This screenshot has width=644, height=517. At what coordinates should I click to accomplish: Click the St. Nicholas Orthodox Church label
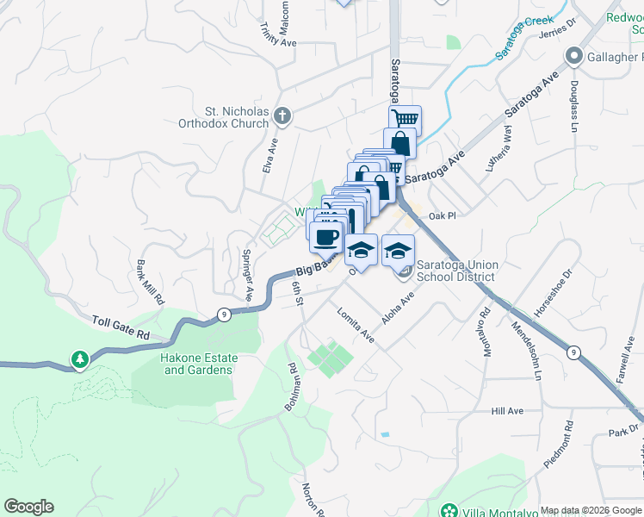pyautogui.click(x=236, y=117)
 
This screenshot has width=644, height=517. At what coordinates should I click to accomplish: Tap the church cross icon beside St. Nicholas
pyautogui.click(x=282, y=115)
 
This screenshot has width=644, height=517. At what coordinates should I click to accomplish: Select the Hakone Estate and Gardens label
pyautogui.click(x=197, y=364)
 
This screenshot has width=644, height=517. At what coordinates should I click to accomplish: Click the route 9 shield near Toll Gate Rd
pyautogui.click(x=223, y=313)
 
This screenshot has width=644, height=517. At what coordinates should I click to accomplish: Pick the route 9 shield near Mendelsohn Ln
pyautogui.click(x=573, y=352)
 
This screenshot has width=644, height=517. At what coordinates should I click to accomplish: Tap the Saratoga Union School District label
pyautogui.click(x=455, y=271)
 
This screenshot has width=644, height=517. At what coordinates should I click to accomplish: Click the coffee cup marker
pyautogui.click(x=326, y=237)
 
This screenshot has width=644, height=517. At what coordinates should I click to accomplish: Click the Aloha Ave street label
pyautogui.click(x=399, y=307)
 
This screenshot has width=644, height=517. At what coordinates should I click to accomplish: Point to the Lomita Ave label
pyautogui.click(x=356, y=325)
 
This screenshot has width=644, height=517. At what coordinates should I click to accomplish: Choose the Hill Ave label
pyautogui.click(x=507, y=412)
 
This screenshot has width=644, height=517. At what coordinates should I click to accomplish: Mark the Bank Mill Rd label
pyautogui.click(x=148, y=283)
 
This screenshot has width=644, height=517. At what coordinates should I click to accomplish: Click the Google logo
pyautogui.click(x=28, y=507)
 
